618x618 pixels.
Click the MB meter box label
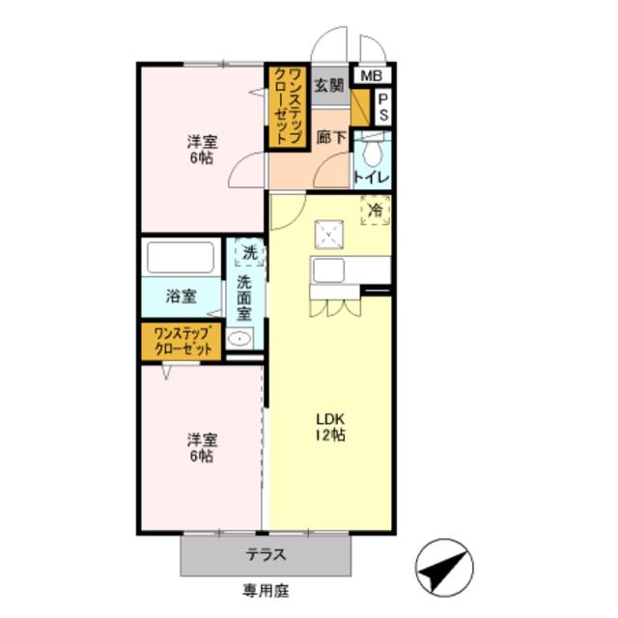point(371,75)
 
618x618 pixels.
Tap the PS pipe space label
point(383,107)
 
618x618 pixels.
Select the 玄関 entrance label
point(329,85)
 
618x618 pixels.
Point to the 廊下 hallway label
point(331,137)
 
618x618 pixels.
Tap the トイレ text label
point(372,177)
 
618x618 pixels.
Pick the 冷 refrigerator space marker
point(376,210)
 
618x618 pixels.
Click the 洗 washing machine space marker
point(249,252)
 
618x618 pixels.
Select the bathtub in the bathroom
point(181,257)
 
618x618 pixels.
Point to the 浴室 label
point(181,296)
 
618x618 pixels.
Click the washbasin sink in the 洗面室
point(239,339)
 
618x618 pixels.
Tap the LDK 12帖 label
point(330,427)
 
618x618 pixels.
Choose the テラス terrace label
point(266,555)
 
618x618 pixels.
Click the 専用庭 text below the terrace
point(266,590)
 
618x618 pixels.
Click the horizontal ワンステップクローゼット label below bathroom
point(183,342)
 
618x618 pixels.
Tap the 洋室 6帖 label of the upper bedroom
point(202,150)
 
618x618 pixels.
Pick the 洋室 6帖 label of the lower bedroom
point(202,448)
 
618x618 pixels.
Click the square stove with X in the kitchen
point(328,235)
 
